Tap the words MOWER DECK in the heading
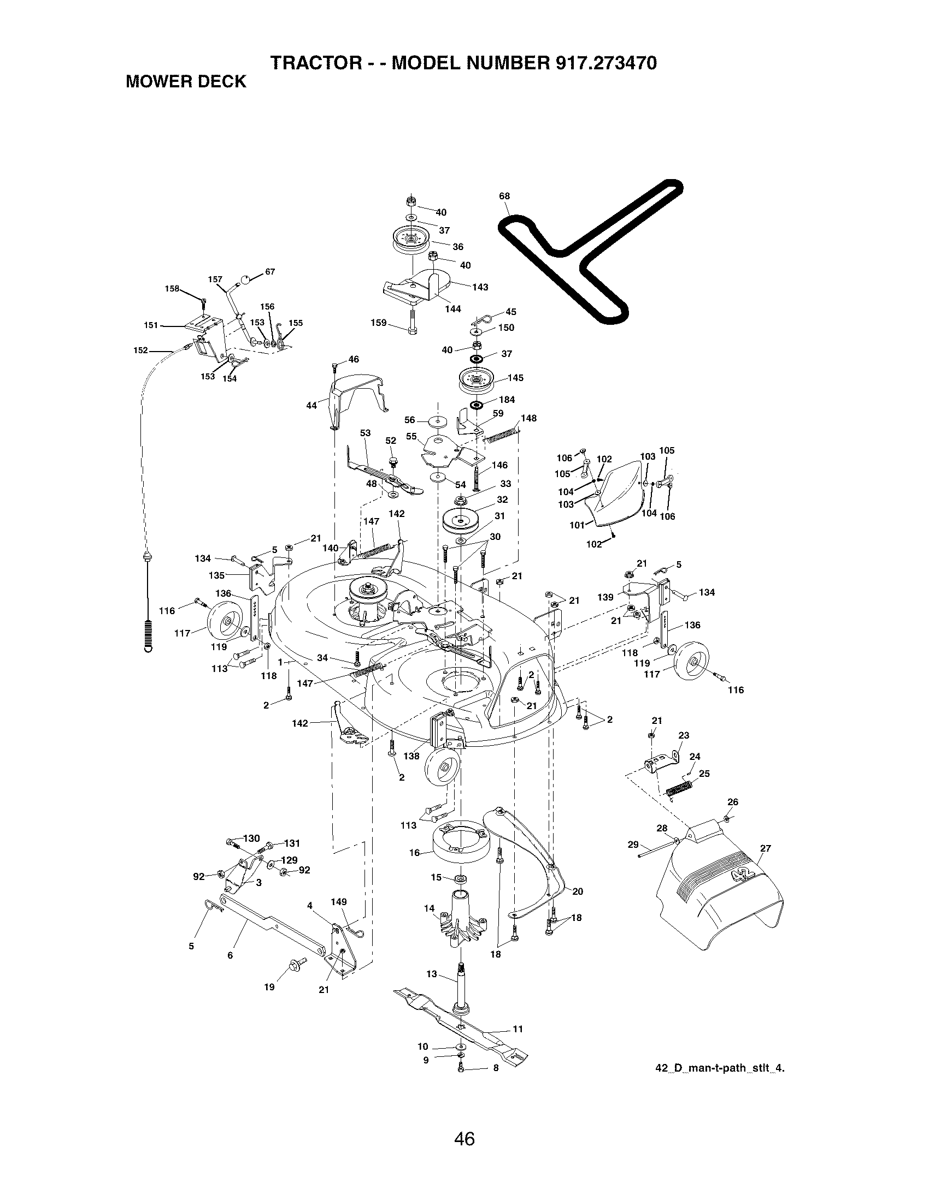click(186, 82)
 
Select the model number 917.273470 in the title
click(606, 63)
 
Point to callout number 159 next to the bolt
click(378, 323)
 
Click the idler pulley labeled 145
click(477, 379)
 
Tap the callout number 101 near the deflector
click(576, 525)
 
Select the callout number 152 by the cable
click(140, 350)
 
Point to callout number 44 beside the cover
click(311, 405)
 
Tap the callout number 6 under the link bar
click(230, 955)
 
